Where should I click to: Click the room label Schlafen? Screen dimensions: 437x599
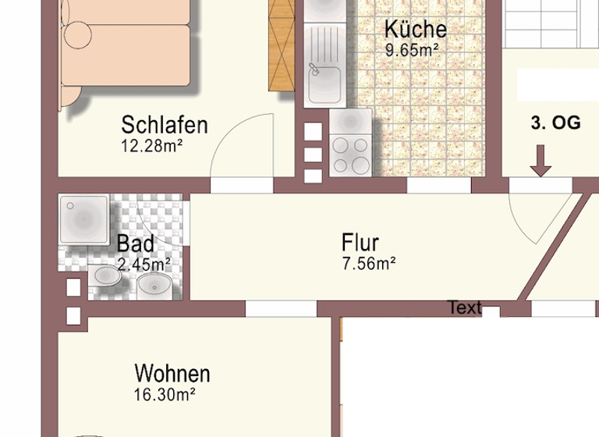point(164,125)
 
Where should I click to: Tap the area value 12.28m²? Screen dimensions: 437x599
point(151,145)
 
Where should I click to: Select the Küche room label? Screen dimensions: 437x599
point(416,30)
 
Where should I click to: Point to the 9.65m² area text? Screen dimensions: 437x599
point(412,51)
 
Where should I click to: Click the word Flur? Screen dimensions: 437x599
point(360,243)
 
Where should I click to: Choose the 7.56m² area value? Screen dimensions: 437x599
point(369,264)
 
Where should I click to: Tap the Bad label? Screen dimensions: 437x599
point(135,243)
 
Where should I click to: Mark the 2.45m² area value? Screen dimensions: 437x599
point(144,264)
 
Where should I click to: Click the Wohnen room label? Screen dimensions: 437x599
point(172,373)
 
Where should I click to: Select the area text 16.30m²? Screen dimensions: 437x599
point(164,395)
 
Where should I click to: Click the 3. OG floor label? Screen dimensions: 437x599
point(555,123)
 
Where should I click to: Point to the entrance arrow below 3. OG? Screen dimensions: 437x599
point(541,161)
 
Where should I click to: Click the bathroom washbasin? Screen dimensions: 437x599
point(154,285)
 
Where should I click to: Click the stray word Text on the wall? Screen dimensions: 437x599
point(465,308)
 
